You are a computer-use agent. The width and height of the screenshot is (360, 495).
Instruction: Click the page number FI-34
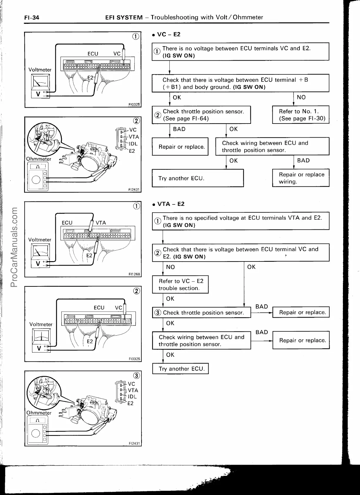[31, 18]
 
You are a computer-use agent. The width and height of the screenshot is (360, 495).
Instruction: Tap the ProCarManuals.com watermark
[14, 247]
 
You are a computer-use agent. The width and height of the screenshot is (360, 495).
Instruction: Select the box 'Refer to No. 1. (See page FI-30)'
[301, 115]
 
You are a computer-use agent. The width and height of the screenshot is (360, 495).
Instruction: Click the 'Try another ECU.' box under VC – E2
[198, 178]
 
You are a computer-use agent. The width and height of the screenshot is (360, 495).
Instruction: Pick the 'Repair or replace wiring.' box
[301, 178]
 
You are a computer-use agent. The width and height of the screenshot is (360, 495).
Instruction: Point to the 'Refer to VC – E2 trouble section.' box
[180, 284]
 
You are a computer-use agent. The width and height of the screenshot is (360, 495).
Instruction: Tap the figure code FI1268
[134, 274]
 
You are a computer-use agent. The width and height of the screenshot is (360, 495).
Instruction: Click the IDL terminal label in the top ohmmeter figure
[133, 144]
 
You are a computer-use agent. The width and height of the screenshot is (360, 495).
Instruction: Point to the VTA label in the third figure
[101, 223]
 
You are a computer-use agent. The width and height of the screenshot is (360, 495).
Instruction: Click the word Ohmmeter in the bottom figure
[39, 413]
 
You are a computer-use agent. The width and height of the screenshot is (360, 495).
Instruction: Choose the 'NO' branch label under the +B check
[301, 97]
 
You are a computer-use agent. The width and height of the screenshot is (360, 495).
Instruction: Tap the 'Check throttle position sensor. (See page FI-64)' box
[201, 115]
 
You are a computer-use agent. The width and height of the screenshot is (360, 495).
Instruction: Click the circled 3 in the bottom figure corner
[136, 376]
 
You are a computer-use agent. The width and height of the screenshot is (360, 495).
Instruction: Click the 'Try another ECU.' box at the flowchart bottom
[180, 369]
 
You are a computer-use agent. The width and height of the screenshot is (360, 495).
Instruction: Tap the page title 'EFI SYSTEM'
[124, 17]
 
